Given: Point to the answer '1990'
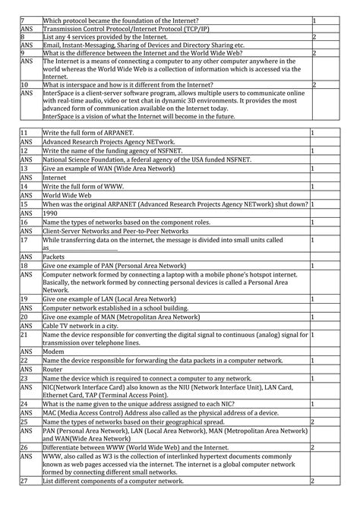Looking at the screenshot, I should click(50, 213).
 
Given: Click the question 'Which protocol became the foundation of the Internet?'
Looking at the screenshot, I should click(121, 19).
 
